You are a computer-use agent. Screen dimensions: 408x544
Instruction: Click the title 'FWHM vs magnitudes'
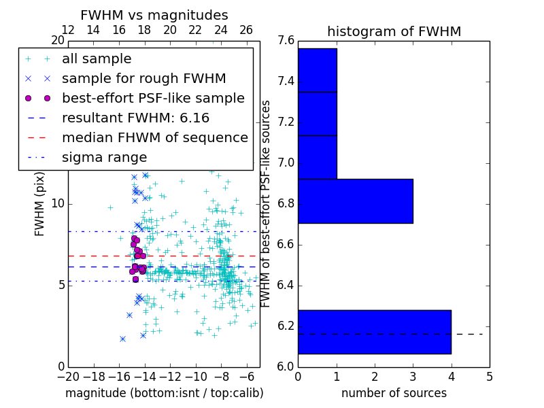pos(154,15)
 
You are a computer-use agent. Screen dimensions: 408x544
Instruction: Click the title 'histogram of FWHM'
pos(394,31)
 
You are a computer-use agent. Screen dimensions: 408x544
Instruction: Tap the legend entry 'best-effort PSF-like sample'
pos(153,99)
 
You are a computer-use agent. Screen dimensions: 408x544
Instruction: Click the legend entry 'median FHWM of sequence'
pos(155,138)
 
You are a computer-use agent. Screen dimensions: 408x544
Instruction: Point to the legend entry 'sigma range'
pos(104,158)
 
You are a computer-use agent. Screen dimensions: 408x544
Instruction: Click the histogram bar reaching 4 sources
pos(374,332)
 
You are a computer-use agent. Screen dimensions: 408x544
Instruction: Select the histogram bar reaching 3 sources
pos(355,201)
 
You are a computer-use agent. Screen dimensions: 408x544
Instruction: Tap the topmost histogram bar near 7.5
pos(317,70)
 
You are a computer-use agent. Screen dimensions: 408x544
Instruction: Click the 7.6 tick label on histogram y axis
pos(286,41)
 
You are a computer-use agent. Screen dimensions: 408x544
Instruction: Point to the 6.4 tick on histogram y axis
pos(286,285)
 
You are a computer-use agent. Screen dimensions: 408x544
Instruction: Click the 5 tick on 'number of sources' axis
pos(489,376)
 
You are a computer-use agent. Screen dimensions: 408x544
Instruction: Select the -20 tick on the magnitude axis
pos(68,376)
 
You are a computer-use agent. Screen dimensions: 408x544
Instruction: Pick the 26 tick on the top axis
pos(246,30)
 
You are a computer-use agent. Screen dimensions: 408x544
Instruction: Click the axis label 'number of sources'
pos(394,393)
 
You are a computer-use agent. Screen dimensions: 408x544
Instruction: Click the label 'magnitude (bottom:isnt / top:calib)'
pos(164,393)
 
